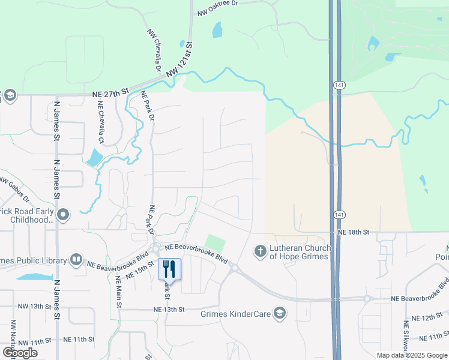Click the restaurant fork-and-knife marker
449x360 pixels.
click(x=169, y=269)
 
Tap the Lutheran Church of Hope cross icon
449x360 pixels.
click(x=260, y=251)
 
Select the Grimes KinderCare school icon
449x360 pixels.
click(x=279, y=313)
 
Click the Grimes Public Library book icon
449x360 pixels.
click(x=76, y=259)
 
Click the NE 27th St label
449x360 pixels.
click(x=111, y=92)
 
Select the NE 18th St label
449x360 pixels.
click(x=353, y=232)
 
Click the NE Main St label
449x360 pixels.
click(x=119, y=292)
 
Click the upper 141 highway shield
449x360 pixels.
click(x=338, y=86)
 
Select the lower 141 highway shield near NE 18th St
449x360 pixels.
click(x=338, y=214)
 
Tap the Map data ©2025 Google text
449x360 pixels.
click(x=412, y=355)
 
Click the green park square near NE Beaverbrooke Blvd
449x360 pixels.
click(x=215, y=244)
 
